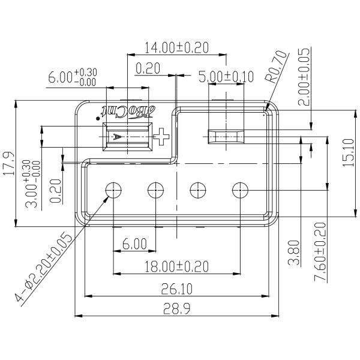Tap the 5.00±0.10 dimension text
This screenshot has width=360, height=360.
pos(226,77)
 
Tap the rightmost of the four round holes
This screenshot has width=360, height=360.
pos(240,190)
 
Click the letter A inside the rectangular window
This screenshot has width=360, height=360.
pos(119,137)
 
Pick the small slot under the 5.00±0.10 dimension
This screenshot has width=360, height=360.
pos(226,137)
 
